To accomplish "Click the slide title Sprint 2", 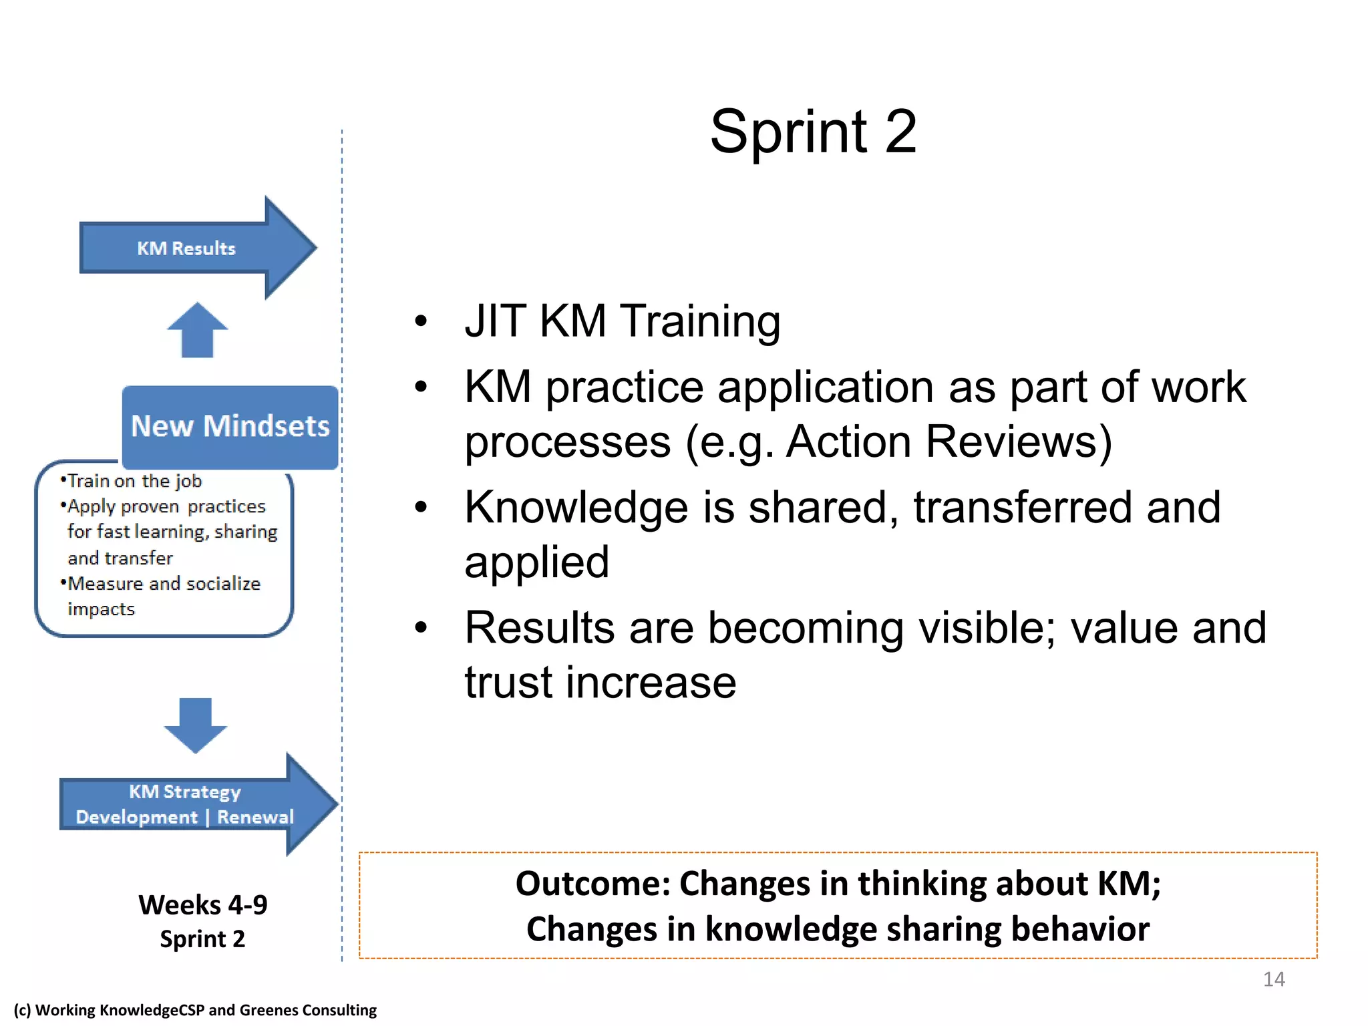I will pos(813,132).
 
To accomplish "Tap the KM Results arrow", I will pos(187,248).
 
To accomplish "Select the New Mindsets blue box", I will pos(230,426).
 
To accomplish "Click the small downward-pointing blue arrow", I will pos(196,725).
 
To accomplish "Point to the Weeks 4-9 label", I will pos(202,905).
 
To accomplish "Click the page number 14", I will pos(1273,979).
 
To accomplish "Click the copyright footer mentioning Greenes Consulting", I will pos(195,1010).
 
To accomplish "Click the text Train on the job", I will pos(134,481).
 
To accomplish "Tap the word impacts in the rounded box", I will pos(101,609).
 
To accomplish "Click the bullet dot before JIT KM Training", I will pos(420,321).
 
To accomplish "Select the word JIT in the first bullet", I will pos(495,321).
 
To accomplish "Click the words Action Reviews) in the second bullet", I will pos(949,442).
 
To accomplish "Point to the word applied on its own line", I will pos(536,562).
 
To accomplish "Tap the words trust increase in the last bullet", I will pos(600,683).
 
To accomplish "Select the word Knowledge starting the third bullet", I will pos(576,508).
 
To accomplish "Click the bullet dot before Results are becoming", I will pos(420,628).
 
